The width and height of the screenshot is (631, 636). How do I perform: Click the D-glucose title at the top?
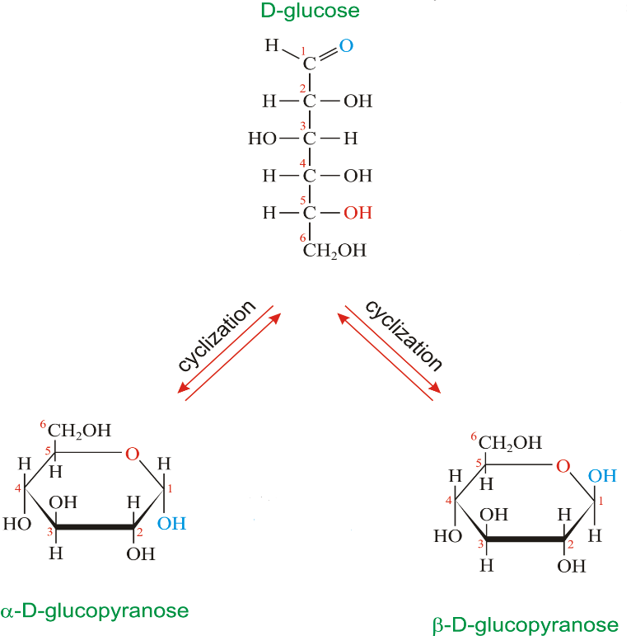pyautogui.click(x=310, y=11)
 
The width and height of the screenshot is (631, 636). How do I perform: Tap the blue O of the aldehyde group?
pyautogui.click(x=346, y=46)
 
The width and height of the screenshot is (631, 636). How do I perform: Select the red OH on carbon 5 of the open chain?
pyautogui.click(x=358, y=213)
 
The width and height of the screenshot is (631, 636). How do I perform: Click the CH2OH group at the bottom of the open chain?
pyautogui.click(x=334, y=251)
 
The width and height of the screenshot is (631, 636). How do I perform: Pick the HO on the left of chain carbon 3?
pyautogui.click(x=262, y=139)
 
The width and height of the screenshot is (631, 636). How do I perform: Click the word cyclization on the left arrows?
pyautogui.click(x=217, y=337)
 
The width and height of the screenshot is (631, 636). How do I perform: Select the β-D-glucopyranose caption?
pyautogui.click(x=525, y=624)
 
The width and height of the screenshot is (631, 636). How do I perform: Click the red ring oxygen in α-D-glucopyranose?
pyautogui.click(x=133, y=453)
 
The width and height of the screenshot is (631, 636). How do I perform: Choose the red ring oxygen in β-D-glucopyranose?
pyautogui.click(x=563, y=467)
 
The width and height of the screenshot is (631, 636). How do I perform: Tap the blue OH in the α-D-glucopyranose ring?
pyautogui.click(x=172, y=523)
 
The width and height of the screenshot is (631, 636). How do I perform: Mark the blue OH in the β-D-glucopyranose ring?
pyautogui.click(x=602, y=476)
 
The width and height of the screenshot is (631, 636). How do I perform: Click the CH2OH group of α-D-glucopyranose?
pyautogui.click(x=79, y=430)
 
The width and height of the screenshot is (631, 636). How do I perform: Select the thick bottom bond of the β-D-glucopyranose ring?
pyautogui.click(x=525, y=539)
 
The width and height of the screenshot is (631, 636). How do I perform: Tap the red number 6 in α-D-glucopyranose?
pyautogui.click(x=43, y=424)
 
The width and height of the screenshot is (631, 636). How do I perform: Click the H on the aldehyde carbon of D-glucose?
pyautogui.click(x=271, y=46)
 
